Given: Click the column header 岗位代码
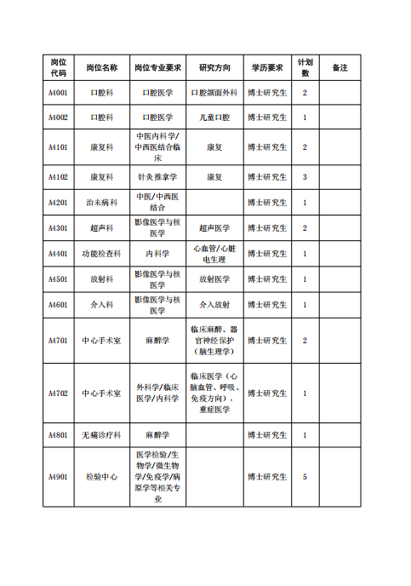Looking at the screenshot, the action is click(58, 67).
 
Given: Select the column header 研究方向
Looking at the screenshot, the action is click(214, 67).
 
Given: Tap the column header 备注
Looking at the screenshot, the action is click(340, 67).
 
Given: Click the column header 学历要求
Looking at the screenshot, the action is click(267, 67).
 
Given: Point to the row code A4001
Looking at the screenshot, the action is click(58, 93).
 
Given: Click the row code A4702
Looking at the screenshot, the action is click(58, 394).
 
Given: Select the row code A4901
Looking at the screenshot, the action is click(58, 477).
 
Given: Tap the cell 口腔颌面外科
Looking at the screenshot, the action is click(214, 93).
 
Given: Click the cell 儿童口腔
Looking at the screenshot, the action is click(214, 118).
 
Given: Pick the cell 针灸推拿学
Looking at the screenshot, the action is click(157, 177).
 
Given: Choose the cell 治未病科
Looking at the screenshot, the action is click(102, 203).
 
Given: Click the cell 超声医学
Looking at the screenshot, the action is click(214, 228).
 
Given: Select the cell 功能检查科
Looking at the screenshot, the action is click(102, 254).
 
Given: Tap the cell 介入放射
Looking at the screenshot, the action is click(214, 305).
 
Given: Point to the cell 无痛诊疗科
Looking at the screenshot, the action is click(102, 435).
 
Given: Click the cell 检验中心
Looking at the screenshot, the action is click(102, 477).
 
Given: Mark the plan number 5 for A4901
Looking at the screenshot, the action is click(305, 477).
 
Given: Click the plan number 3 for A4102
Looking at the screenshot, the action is click(305, 177).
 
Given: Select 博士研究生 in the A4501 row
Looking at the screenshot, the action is click(267, 279).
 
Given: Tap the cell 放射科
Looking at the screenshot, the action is click(102, 279).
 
